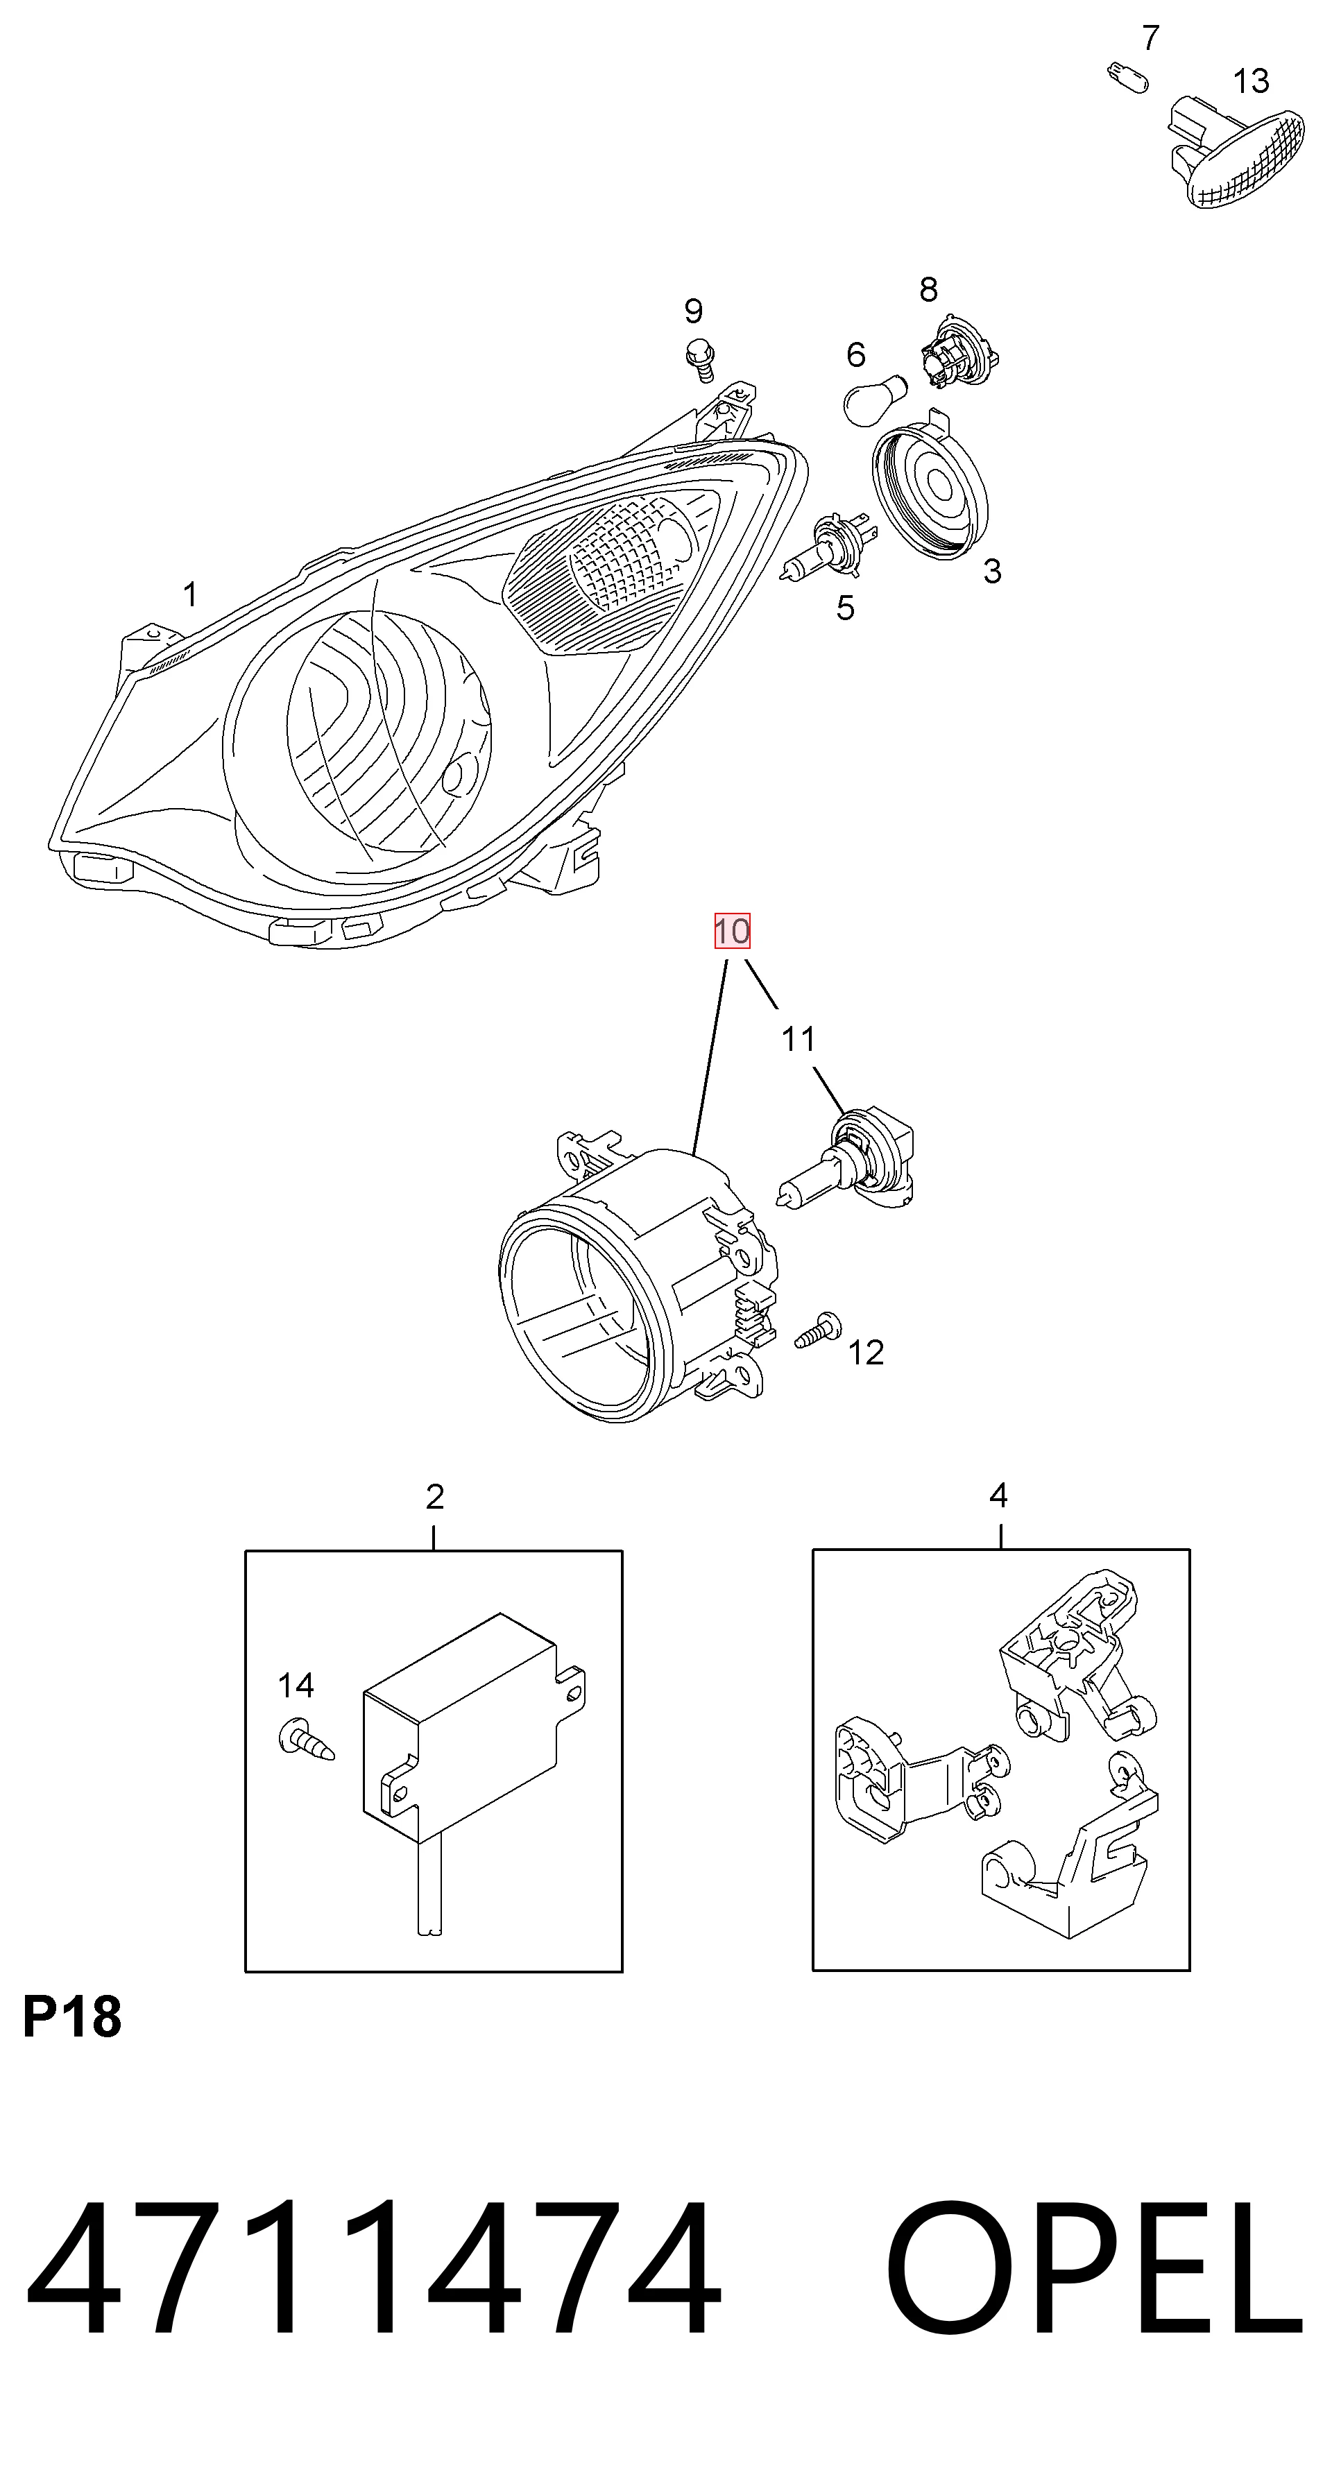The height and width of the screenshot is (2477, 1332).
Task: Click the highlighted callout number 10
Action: (x=732, y=931)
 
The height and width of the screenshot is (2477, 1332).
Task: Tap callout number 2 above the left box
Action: (x=435, y=1496)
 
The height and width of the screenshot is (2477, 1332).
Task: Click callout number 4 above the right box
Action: (x=998, y=1495)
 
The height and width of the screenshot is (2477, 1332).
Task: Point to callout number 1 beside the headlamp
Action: (x=190, y=594)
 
